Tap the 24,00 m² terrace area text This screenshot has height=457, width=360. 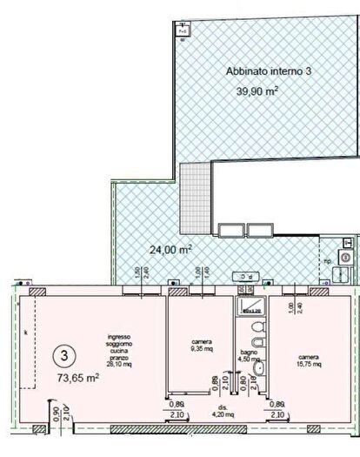point(170,225)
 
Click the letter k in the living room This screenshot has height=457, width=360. point(26,333)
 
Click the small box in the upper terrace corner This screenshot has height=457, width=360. point(183,30)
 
